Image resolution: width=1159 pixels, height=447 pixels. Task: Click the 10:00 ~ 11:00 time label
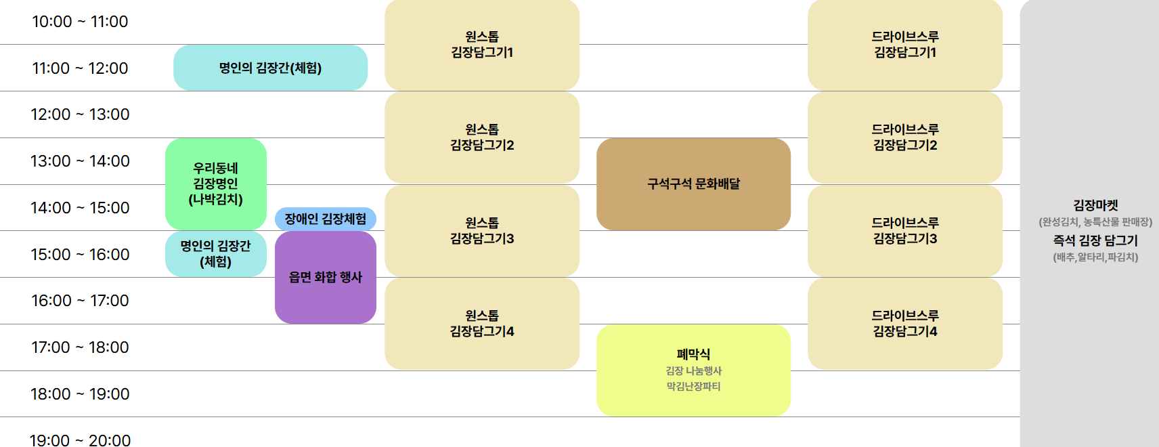tap(80, 22)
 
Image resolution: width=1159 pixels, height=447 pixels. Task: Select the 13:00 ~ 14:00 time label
tap(80, 161)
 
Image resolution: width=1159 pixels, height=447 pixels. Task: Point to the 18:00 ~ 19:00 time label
tap(80, 394)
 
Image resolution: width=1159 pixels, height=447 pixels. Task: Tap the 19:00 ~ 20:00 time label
tap(80, 440)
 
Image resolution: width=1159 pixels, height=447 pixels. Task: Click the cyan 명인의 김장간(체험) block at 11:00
tap(270, 68)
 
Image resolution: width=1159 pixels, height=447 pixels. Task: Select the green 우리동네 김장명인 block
tap(215, 184)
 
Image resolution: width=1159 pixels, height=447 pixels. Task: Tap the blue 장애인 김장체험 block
tap(325, 219)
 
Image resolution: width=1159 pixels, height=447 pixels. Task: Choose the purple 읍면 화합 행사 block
tap(325, 277)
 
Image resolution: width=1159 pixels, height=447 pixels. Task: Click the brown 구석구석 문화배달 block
tap(693, 184)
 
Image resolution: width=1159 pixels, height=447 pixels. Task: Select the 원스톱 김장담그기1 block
tap(482, 45)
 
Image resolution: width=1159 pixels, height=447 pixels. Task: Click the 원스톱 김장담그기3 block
tap(482, 231)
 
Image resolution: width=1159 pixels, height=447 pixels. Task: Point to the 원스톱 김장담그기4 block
tap(482, 324)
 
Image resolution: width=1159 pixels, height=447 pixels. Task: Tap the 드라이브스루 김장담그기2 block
tap(905, 137)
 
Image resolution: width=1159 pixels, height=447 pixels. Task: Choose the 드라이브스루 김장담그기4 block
tap(905, 324)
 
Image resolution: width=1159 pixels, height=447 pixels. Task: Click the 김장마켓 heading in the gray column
tap(1095, 205)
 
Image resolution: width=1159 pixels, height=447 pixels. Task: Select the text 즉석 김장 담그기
tap(1095, 240)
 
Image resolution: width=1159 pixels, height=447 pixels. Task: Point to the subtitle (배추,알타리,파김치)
tap(1095, 257)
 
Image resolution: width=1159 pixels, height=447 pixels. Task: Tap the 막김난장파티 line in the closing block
tap(693, 387)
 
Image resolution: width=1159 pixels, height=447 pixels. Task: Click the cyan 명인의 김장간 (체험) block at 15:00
tap(215, 254)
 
